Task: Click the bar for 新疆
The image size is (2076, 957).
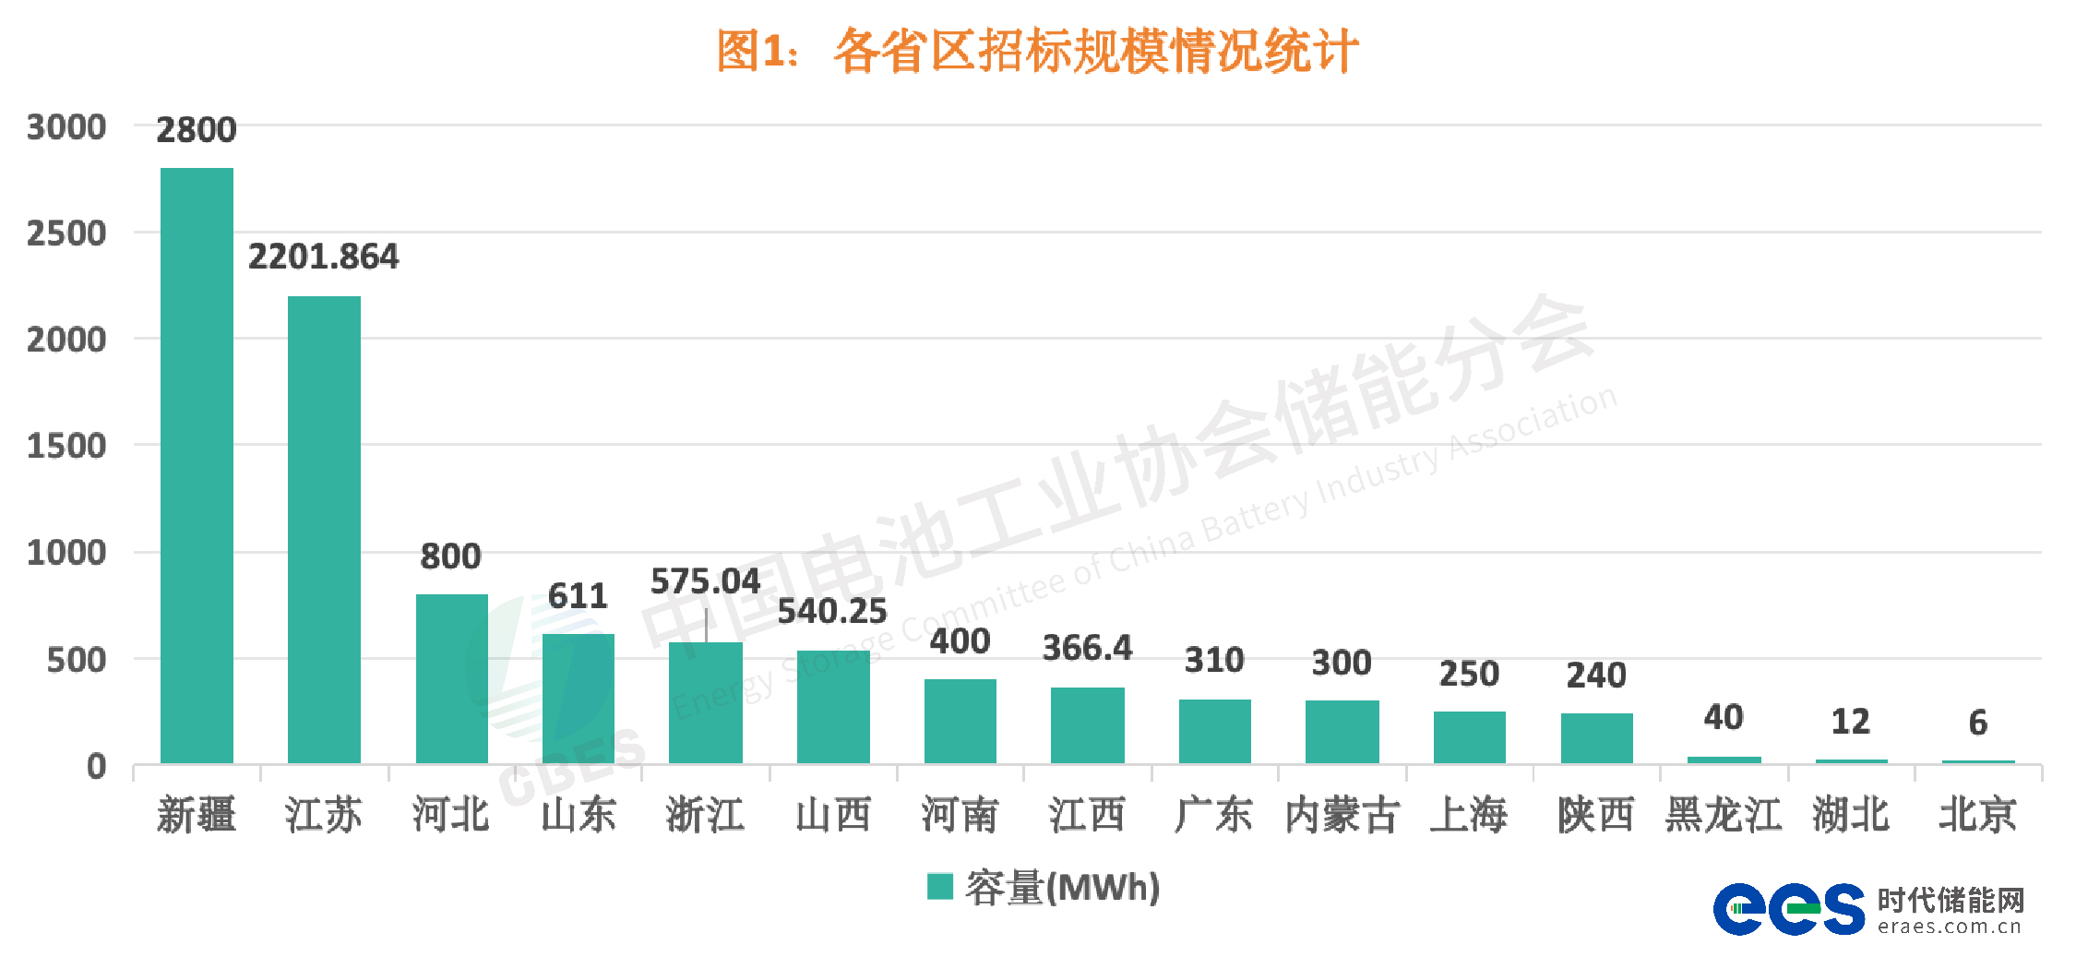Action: click(197, 465)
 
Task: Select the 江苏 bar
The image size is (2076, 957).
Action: click(324, 530)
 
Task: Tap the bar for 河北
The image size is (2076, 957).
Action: click(451, 678)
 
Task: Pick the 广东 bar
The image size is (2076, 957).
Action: click(1214, 731)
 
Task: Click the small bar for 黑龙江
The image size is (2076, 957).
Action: click(1724, 760)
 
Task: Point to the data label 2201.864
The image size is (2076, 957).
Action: click(323, 257)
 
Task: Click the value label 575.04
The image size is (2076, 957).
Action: click(705, 581)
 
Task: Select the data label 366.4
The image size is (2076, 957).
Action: click(1087, 648)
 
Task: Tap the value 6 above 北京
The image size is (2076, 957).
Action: click(1977, 723)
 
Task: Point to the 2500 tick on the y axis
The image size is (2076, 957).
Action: click(66, 233)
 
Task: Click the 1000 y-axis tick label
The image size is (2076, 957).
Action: click(66, 553)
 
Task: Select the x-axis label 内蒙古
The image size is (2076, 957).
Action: click(1342, 815)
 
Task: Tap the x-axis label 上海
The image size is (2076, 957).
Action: click(1469, 815)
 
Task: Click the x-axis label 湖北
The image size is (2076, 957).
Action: click(1850, 815)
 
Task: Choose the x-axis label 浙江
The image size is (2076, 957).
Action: click(705, 815)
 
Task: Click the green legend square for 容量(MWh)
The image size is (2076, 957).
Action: click(939, 886)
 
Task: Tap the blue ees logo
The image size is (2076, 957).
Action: click(1788, 909)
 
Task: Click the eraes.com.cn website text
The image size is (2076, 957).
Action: click(1949, 927)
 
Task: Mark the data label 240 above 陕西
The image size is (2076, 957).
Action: click(1595, 676)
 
